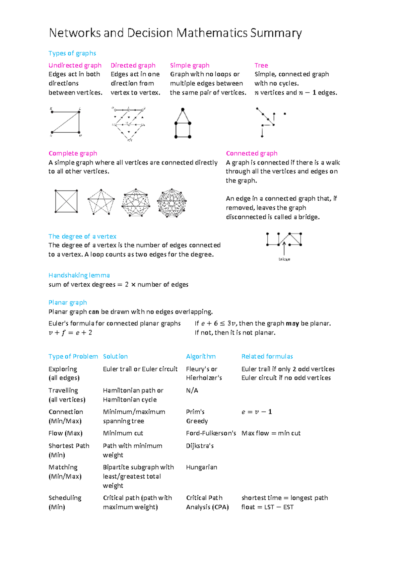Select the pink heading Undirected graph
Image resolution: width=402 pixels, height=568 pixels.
(x=75, y=65)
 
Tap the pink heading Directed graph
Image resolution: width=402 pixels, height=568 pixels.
(x=133, y=65)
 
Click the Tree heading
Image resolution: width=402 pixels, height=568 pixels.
(x=261, y=65)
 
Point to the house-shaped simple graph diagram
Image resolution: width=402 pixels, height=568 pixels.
(x=183, y=124)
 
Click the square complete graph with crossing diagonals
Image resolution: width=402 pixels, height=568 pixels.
(x=66, y=201)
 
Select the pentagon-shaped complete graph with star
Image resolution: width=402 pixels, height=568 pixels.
(x=101, y=202)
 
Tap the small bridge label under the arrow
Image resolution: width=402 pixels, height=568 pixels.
(x=284, y=259)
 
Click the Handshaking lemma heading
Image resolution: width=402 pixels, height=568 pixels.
(x=79, y=275)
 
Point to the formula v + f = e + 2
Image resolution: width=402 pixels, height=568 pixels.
(x=70, y=333)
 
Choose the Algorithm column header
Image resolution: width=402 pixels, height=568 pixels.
(x=201, y=356)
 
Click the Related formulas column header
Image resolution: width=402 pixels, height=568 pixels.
(x=267, y=356)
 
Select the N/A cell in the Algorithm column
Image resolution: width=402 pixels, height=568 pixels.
(x=192, y=390)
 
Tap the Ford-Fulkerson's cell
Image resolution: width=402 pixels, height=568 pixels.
(x=211, y=433)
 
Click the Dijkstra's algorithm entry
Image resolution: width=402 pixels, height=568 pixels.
(x=200, y=446)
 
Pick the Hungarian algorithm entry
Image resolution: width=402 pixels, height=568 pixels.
(x=201, y=467)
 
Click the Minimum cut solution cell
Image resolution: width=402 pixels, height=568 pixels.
(x=123, y=433)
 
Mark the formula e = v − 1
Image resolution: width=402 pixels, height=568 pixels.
(x=257, y=412)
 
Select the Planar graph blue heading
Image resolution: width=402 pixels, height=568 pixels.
(x=68, y=302)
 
